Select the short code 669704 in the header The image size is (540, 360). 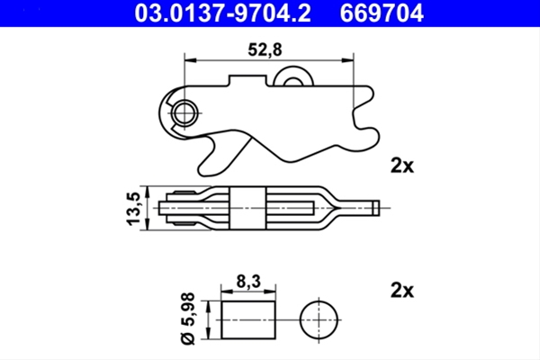[379, 13]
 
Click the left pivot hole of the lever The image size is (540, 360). [186, 112]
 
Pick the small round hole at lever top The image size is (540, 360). [292, 79]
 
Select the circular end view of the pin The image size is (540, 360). [320, 319]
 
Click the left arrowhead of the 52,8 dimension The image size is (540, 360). [188, 60]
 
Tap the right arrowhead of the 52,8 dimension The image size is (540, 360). [349, 60]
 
